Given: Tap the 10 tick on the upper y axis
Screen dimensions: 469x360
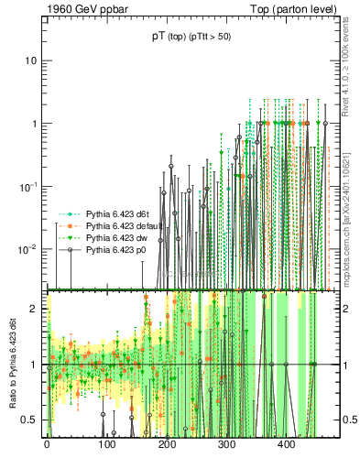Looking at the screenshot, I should point(29,60).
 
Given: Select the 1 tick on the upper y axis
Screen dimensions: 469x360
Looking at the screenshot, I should point(32,124).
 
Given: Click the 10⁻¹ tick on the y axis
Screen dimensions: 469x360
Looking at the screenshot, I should point(27,186).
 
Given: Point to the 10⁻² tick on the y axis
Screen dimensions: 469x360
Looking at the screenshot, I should point(27,249).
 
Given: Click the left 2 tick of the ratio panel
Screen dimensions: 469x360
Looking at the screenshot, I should point(33,309).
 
